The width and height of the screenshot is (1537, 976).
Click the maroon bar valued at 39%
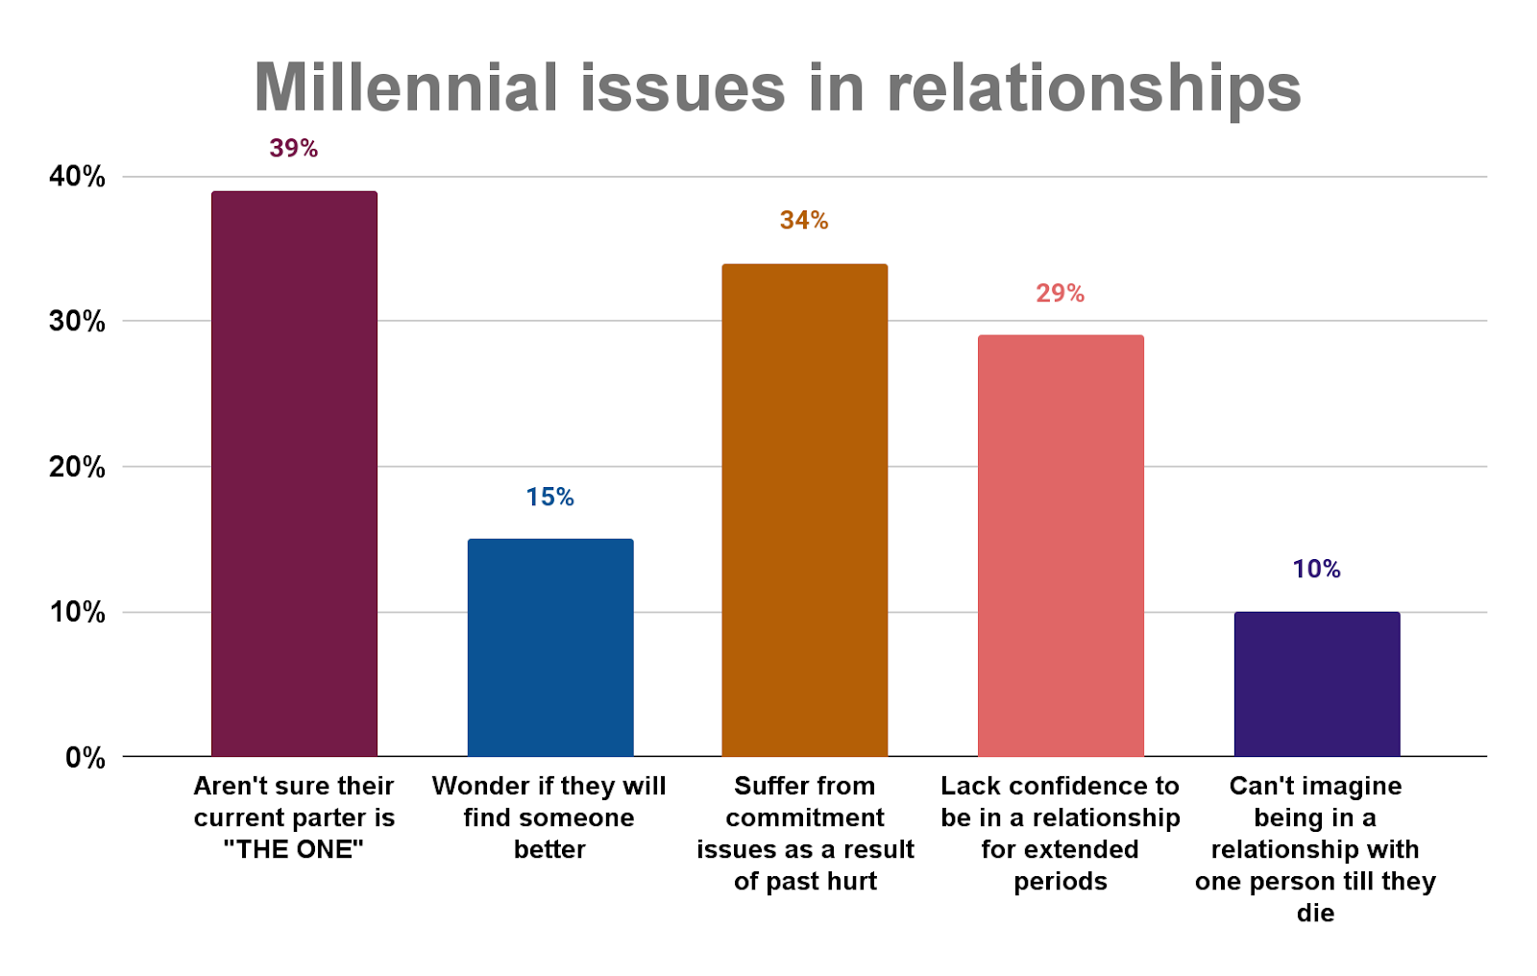(294, 474)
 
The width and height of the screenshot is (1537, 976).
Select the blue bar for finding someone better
(550, 647)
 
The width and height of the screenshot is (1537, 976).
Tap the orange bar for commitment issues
(805, 510)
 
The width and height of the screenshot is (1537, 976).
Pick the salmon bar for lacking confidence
(1061, 546)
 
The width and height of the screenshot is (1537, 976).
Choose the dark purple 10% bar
(1316, 684)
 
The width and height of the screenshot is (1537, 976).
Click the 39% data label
(294, 149)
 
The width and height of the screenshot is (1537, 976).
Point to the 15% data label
(550, 498)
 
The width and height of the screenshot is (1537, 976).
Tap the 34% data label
(804, 221)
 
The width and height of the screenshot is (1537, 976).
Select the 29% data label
(1061, 294)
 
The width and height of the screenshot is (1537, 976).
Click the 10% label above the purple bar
(1316, 570)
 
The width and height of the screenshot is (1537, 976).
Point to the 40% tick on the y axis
(77, 177)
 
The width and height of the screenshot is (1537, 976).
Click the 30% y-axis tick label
(77, 322)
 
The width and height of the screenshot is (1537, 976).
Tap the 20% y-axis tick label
(77, 468)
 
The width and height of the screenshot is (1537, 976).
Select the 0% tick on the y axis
(85, 758)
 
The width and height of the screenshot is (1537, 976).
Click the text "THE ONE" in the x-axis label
(294, 850)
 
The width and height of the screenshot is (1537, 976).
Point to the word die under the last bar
(1315, 913)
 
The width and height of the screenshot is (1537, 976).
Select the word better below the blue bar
(549, 850)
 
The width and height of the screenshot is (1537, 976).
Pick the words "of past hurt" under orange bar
(805, 882)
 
